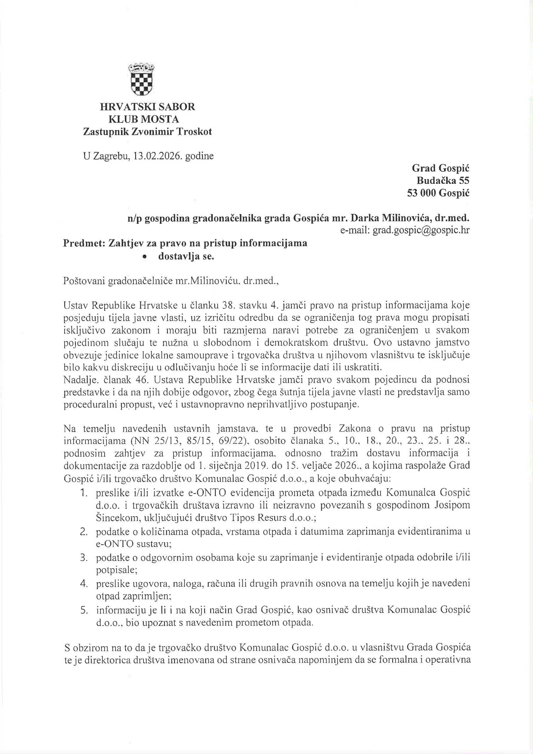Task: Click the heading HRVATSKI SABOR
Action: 148,107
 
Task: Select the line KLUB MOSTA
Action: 146,119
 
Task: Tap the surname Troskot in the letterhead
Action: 194,132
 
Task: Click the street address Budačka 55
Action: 443,181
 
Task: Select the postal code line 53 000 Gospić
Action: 438,193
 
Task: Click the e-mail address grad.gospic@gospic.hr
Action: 421,231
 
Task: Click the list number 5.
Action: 84,610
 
